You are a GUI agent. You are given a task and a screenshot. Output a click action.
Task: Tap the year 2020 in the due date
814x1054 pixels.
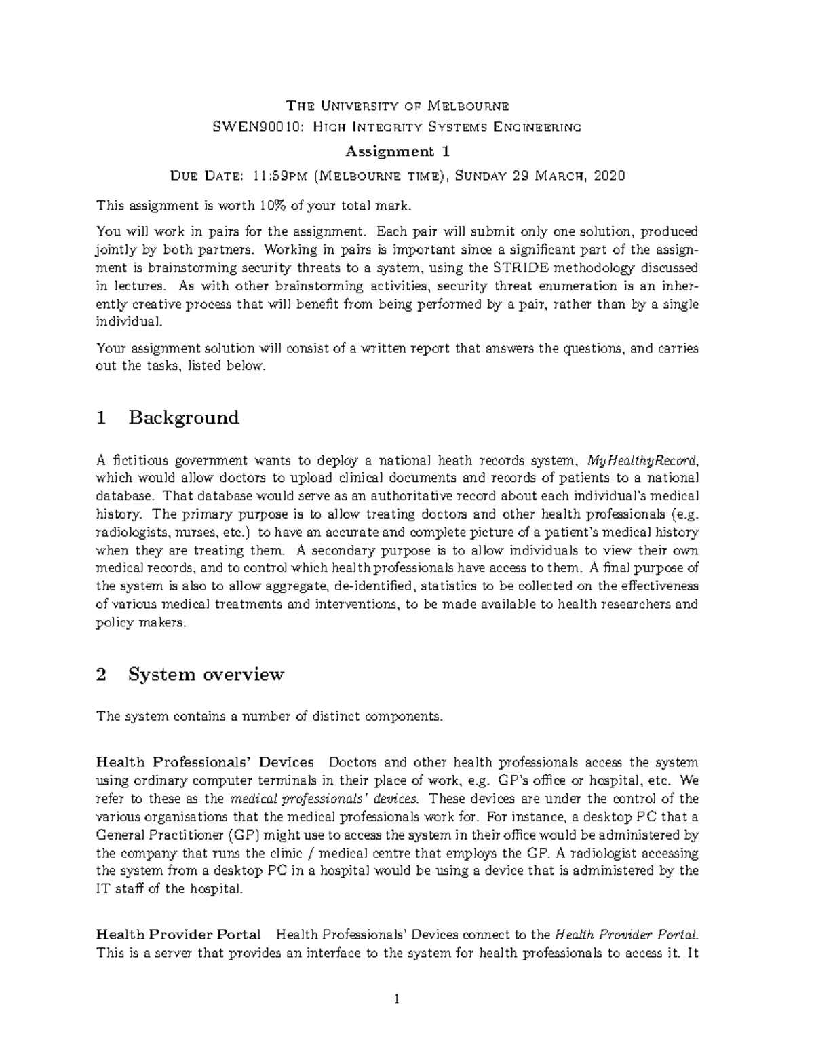pyautogui.click(x=608, y=176)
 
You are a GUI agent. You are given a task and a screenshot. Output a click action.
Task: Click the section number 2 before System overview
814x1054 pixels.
pyautogui.click(x=102, y=675)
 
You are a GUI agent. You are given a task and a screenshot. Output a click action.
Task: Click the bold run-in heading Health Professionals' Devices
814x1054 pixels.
pyautogui.click(x=205, y=762)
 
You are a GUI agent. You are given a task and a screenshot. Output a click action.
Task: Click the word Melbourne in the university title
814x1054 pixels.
pyautogui.click(x=470, y=105)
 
